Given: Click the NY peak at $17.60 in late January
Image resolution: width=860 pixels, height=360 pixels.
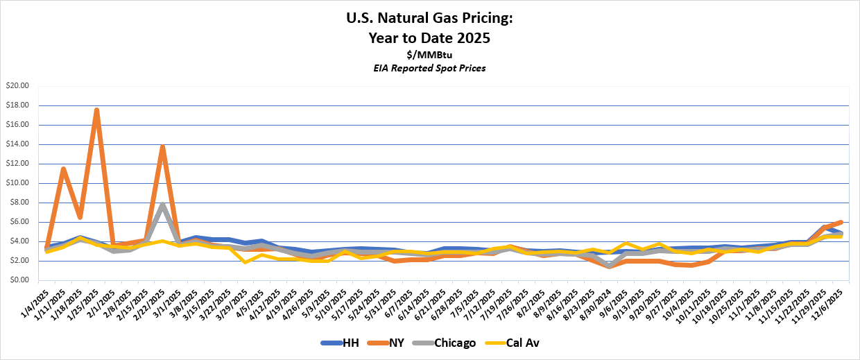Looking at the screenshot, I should coord(96,110).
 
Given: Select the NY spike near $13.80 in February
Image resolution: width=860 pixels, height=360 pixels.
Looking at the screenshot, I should coord(162,146).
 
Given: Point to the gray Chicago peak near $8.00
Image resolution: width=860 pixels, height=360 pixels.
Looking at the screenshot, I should coord(162,203).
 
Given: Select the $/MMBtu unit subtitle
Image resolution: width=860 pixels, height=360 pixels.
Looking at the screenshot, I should coord(429,54).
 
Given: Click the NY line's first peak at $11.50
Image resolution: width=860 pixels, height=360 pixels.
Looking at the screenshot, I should coord(63,169).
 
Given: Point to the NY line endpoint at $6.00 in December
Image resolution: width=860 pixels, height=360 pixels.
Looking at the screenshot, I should coord(842,222).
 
